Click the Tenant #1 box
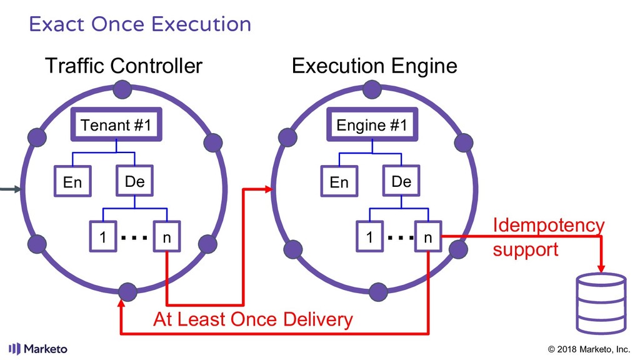(x=116, y=126)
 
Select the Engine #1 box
(x=372, y=126)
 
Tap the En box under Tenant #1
(x=72, y=182)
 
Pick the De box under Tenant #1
(x=134, y=181)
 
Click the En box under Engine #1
(x=339, y=182)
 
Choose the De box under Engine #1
(x=401, y=181)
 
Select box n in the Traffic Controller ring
(x=166, y=237)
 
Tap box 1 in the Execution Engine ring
(x=370, y=237)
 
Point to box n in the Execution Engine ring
(x=427, y=237)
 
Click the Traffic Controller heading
(x=123, y=66)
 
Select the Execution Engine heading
(x=374, y=66)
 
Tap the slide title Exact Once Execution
(x=140, y=24)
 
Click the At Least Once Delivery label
(x=253, y=320)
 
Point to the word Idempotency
(x=548, y=225)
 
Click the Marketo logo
(x=38, y=349)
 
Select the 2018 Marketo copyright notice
(x=589, y=349)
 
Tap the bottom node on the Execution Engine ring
(x=379, y=291)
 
